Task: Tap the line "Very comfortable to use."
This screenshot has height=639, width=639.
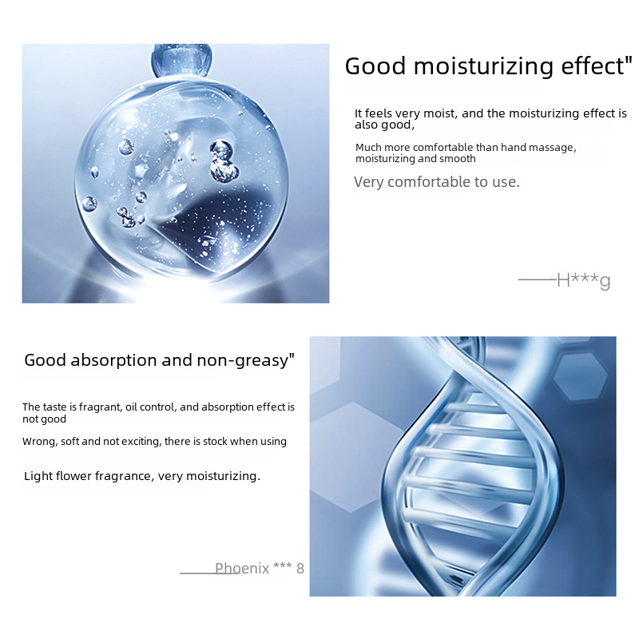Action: (x=437, y=182)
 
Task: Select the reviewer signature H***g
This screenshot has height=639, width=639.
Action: (x=584, y=280)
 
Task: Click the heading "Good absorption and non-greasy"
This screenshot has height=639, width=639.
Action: (x=159, y=360)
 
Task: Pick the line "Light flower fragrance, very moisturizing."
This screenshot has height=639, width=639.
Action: (x=142, y=476)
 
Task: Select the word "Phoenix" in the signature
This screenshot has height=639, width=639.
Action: (x=242, y=568)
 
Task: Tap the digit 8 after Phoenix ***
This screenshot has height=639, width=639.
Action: (x=300, y=569)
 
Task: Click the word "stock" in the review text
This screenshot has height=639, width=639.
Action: (x=215, y=442)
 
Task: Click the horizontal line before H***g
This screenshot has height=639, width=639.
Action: (x=538, y=280)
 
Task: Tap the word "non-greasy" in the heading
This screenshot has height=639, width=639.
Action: (x=243, y=361)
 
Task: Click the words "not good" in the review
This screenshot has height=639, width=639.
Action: (x=44, y=419)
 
